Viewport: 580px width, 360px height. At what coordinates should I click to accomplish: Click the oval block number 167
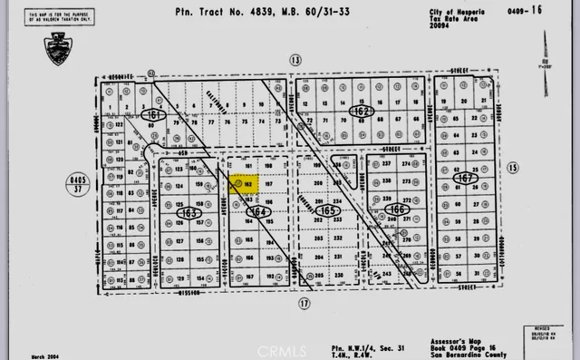468,179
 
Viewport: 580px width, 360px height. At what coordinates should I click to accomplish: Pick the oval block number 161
155,116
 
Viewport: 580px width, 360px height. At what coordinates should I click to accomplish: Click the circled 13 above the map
294,60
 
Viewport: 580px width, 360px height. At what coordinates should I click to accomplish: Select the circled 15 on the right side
512,168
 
